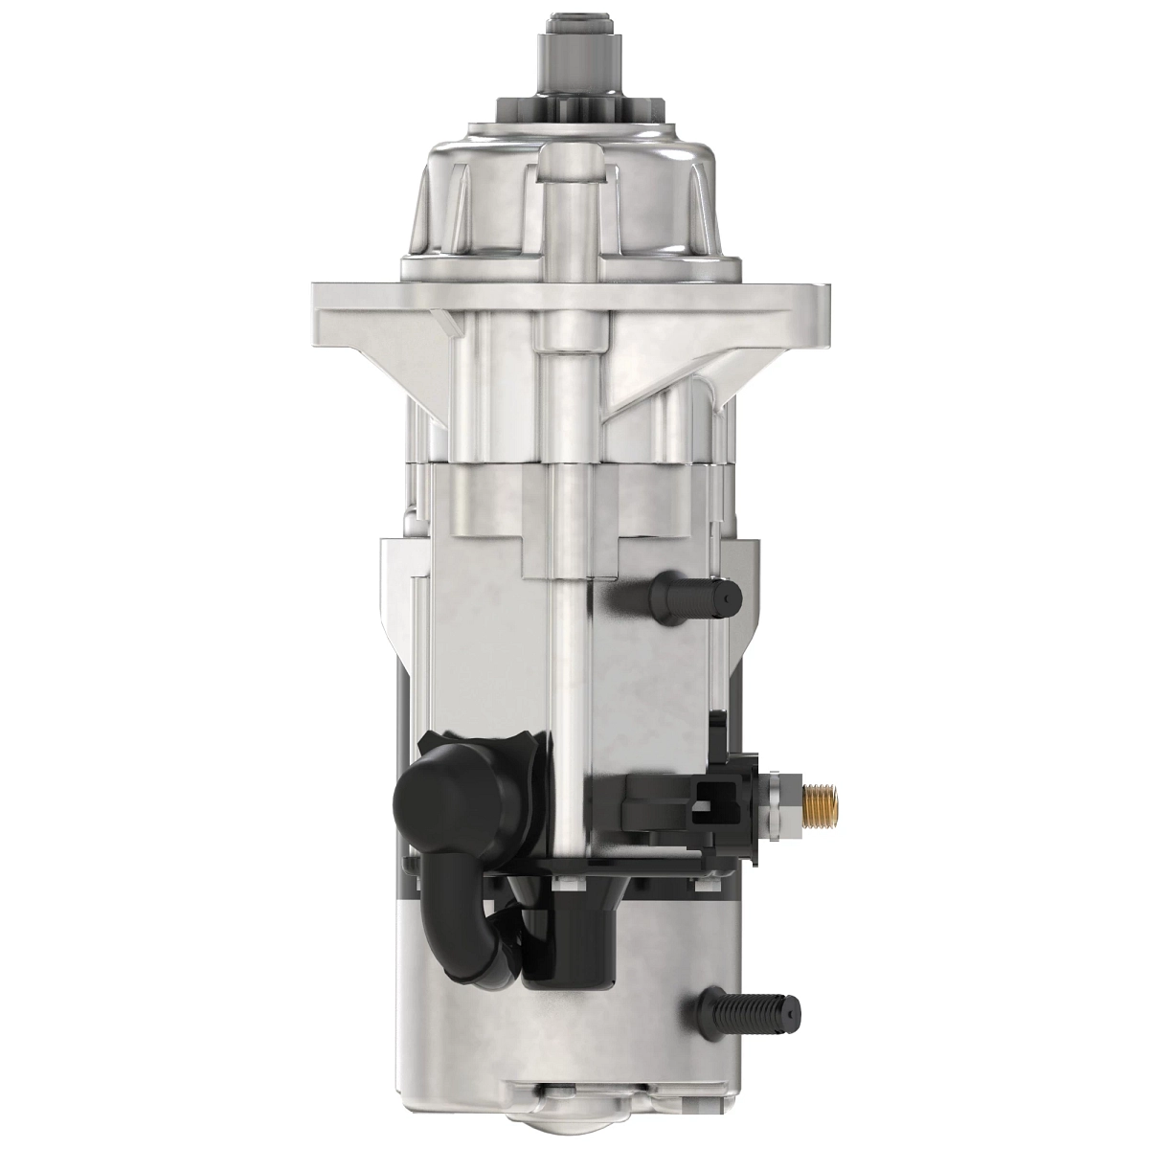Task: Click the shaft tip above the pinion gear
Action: (x=574, y=29)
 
